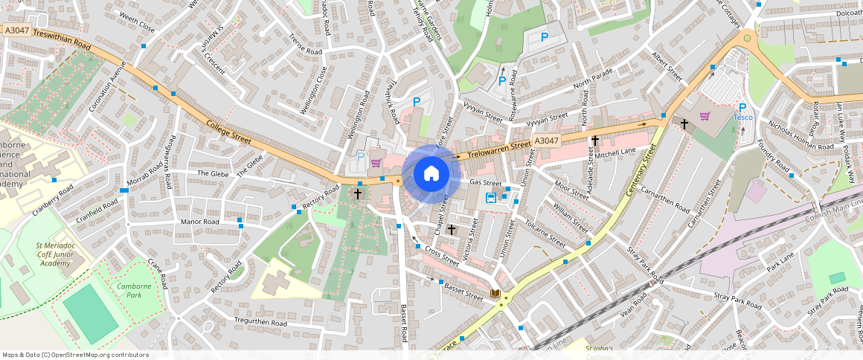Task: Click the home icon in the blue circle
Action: pos(431,174)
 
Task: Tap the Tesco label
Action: pos(743,118)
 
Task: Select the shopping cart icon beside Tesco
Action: pos(704,116)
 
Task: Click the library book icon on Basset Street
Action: pos(495,294)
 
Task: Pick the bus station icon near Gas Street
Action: pos(491,197)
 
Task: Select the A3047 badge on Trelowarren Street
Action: pos(546,141)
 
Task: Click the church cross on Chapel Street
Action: pos(451,230)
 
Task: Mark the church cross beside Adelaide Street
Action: pos(594,140)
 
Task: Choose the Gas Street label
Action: pos(486,183)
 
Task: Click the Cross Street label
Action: pos(441,257)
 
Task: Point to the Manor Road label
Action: pos(200,222)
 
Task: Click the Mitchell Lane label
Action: pos(615,152)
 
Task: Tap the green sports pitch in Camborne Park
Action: pos(90,313)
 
